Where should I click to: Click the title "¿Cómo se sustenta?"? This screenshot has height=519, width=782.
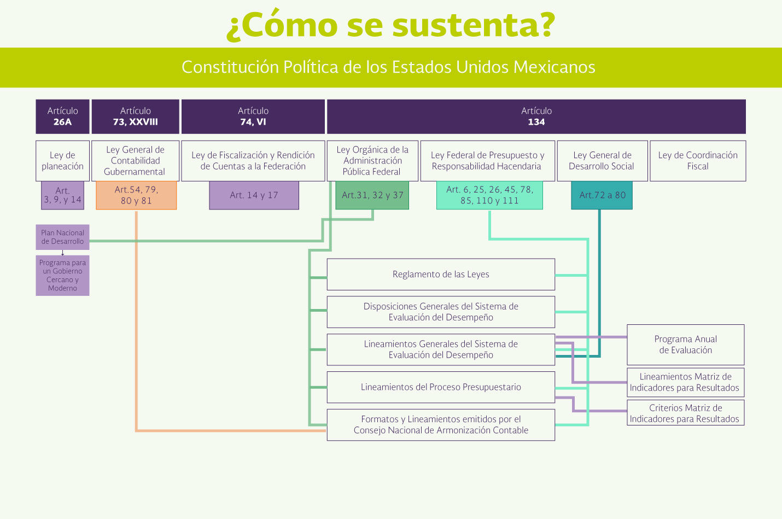point(390,25)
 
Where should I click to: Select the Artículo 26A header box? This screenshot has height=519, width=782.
point(62,116)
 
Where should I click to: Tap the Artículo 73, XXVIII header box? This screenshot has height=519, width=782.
point(135,116)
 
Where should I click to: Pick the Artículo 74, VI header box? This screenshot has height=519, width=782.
point(253,116)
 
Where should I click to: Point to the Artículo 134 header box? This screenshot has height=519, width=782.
point(536,116)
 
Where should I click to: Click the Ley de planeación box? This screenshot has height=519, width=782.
point(62,161)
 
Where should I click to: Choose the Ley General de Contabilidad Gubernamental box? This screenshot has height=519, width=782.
point(135,161)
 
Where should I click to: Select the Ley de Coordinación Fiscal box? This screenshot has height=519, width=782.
point(697,161)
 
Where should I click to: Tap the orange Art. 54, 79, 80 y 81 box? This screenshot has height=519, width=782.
point(136,195)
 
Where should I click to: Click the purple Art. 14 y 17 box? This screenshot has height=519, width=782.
point(254,195)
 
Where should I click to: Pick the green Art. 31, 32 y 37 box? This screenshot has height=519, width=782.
point(372,195)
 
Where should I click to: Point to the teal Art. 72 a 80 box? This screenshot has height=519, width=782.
point(602,195)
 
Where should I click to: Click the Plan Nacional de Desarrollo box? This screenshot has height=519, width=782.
point(62,237)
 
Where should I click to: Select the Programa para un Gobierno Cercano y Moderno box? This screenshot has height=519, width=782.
point(62,276)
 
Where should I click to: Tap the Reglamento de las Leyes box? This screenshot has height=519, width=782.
point(441,274)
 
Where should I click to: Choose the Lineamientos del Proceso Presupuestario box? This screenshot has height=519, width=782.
point(441,387)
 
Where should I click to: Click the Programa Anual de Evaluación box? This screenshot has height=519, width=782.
point(685,345)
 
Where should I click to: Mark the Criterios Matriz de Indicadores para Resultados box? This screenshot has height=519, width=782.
point(685,413)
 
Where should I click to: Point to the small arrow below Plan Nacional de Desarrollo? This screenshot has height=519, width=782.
point(63,253)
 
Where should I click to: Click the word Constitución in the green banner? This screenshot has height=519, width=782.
point(230,67)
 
